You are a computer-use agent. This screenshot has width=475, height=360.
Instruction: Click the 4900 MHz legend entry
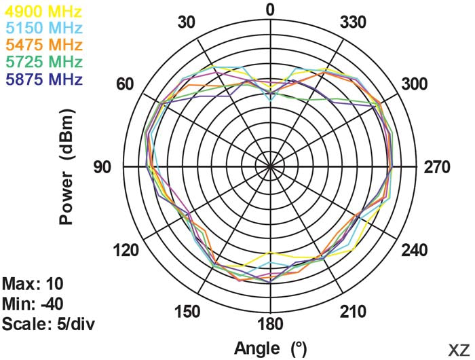pos(43,12)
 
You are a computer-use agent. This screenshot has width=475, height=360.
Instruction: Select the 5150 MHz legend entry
pos(43,29)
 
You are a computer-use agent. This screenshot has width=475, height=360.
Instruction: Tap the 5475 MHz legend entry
pos(43,46)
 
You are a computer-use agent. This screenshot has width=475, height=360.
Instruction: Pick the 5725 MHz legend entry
pos(43,62)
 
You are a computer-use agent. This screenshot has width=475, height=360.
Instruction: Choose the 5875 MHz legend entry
pos(43,79)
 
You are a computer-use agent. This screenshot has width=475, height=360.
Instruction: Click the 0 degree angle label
pos(270,10)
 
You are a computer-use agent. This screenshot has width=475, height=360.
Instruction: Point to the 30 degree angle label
pos(186,22)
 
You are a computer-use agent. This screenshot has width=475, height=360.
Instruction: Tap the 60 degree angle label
pos(124,84)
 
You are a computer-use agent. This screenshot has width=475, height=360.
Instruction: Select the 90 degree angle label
pos(102,167)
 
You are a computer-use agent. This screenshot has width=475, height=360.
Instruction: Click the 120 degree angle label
pos(126,250)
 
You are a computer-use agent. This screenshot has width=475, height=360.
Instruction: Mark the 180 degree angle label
pos(270,323)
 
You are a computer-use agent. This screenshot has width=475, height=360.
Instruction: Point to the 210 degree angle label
pos(354,312)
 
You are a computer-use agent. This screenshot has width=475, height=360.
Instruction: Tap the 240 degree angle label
pos(415,250)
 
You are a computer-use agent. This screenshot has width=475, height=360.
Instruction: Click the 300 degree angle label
pos(415,84)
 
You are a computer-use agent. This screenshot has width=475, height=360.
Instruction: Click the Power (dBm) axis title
pos(66,168)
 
